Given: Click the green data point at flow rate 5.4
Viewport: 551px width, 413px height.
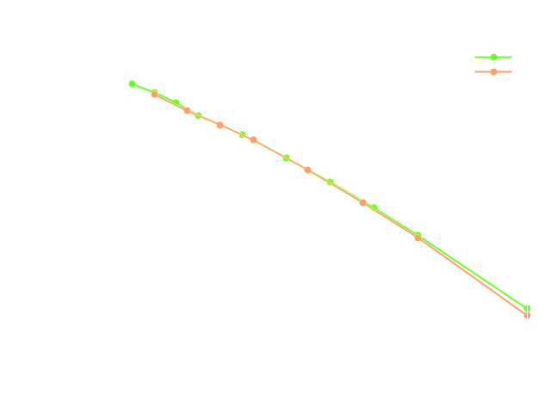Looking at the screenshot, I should click(132, 84).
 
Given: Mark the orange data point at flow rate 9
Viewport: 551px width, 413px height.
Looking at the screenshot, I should click(527, 315).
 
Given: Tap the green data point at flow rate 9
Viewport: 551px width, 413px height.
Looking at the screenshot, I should click(527, 308).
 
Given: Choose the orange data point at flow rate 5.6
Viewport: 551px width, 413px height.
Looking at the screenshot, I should click(154, 94).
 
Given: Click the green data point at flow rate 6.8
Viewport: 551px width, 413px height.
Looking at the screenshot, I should click(286, 157).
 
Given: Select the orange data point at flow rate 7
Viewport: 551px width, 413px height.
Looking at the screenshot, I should click(308, 170).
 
